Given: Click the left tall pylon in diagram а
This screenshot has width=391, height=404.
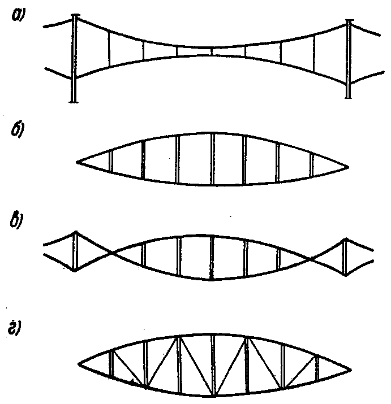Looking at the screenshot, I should point(74,59).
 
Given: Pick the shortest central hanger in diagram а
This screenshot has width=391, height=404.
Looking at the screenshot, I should point(212,51).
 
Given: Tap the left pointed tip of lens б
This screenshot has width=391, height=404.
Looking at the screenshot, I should point(78,163).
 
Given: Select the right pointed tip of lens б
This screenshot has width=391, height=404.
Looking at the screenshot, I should point(347,167).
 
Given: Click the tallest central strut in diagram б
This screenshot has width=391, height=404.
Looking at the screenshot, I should point(213,158).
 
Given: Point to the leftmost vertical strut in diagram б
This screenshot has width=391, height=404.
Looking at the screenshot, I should point(111,160).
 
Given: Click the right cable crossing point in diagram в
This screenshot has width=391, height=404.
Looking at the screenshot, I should point(310,259).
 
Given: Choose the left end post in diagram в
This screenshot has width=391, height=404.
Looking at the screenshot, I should point(75,251).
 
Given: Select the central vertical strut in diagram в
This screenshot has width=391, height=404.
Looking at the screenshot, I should point(212,258).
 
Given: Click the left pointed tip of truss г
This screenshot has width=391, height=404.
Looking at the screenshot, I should point(80,362).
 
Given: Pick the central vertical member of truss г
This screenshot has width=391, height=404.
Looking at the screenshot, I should point(213,364).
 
